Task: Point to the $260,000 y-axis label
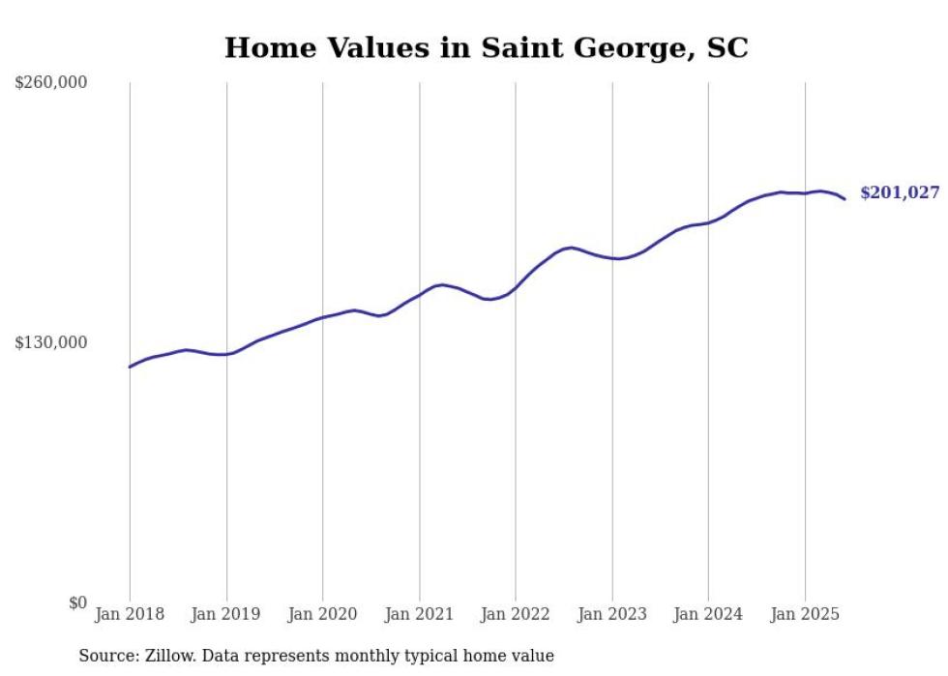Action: click(51, 83)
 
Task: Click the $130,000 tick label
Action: click(51, 342)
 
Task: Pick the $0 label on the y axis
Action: click(77, 603)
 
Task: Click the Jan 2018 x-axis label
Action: click(130, 614)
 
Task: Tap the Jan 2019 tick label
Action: click(226, 614)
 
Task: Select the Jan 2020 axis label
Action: click(323, 614)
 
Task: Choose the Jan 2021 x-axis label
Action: click(420, 614)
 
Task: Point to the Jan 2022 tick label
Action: click(516, 614)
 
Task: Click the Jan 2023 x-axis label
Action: click(612, 614)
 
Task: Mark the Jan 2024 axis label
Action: click(709, 614)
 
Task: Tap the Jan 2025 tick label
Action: click(805, 614)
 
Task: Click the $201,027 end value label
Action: click(900, 193)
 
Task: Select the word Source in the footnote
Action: click(107, 656)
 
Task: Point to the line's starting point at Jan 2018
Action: click(130, 367)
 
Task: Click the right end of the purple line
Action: click(844, 199)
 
